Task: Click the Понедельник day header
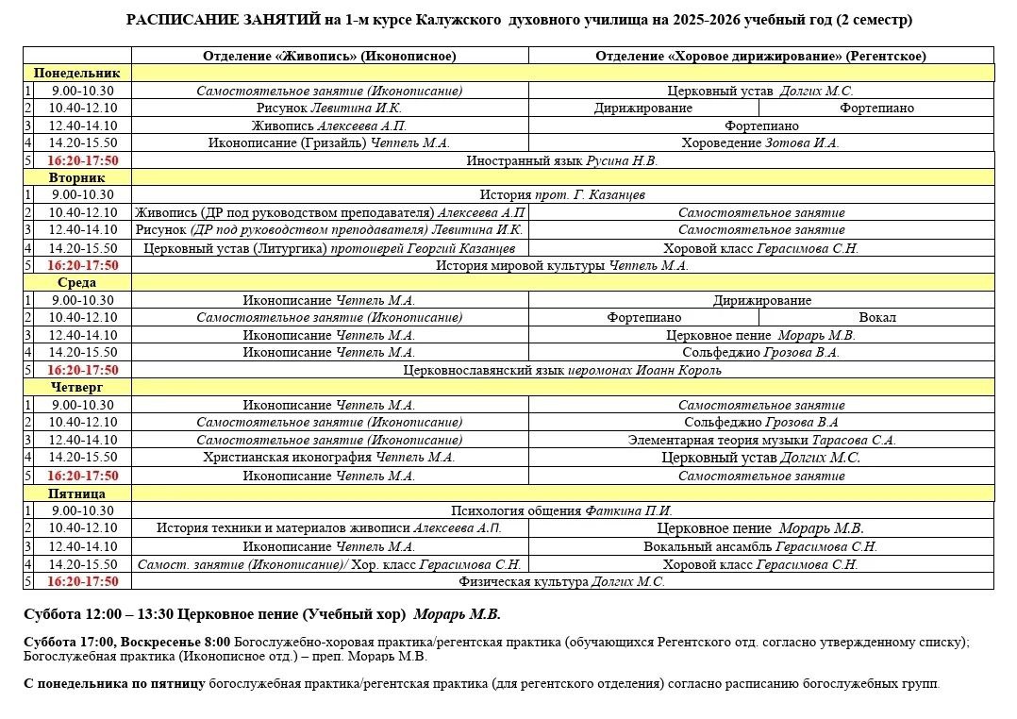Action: pos(77,73)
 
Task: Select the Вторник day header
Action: pos(77,177)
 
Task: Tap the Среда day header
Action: pos(77,282)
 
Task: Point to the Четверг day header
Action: pos(77,388)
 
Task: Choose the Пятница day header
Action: pos(77,493)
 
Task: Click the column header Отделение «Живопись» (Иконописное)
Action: pos(329,56)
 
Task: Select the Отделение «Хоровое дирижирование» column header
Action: pos(760,56)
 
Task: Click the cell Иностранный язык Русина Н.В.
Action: pos(562,160)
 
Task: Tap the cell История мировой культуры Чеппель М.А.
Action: pos(562,266)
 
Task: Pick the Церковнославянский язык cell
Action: pos(562,371)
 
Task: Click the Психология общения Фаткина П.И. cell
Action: pos(562,510)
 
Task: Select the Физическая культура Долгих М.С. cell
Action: pos(562,582)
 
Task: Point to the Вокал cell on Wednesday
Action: pos(877,318)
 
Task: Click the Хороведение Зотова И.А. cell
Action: pos(760,143)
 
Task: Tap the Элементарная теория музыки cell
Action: pos(761,441)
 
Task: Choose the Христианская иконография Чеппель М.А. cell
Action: pos(329,458)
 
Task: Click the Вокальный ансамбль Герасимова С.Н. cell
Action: pos(760,546)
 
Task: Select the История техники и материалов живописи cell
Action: pos(329,528)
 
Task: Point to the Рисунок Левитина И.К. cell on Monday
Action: pos(329,109)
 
